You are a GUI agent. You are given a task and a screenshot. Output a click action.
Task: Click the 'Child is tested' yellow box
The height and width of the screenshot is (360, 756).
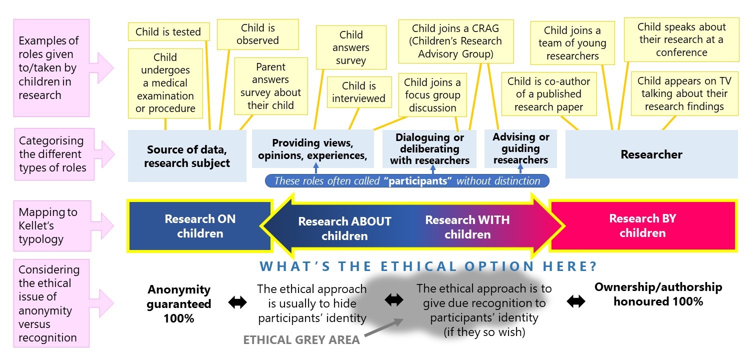click(168, 32)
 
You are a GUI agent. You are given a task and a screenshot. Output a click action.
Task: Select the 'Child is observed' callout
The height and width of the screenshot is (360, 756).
click(257, 34)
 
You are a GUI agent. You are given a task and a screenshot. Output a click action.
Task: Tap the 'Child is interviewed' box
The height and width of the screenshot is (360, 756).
click(358, 92)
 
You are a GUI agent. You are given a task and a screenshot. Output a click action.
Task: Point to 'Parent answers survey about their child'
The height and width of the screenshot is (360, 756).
click(270, 86)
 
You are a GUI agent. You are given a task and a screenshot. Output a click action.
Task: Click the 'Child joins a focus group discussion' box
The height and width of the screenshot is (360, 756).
click(432, 95)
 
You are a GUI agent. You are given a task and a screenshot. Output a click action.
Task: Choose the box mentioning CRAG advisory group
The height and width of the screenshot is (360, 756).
click(455, 41)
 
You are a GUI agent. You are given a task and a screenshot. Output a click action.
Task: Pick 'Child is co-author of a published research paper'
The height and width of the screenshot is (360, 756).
click(548, 94)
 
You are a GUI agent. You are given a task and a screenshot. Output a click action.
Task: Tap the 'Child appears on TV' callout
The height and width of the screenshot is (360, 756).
click(684, 93)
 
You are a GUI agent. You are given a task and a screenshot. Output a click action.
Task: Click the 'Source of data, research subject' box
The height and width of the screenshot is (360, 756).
click(187, 156)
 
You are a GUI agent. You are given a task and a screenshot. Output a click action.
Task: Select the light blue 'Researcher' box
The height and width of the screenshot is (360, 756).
click(651, 154)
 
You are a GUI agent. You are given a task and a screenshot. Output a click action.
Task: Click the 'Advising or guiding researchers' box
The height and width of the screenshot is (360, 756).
click(520, 148)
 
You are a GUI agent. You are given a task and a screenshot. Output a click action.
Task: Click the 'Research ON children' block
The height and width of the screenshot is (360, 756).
click(200, 225)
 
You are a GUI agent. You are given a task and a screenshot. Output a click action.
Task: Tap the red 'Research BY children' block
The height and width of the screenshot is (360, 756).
click(642, 225)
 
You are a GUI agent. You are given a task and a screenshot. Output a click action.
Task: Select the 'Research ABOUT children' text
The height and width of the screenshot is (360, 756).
click(344, 228)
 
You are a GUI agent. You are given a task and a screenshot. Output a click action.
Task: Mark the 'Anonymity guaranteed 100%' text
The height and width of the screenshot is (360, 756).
click(178, 303)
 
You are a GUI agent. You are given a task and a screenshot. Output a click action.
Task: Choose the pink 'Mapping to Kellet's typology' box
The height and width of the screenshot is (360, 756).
click(52, 225)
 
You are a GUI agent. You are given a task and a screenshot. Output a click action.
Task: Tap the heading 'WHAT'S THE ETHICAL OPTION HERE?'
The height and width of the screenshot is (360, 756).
click(428, 266)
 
